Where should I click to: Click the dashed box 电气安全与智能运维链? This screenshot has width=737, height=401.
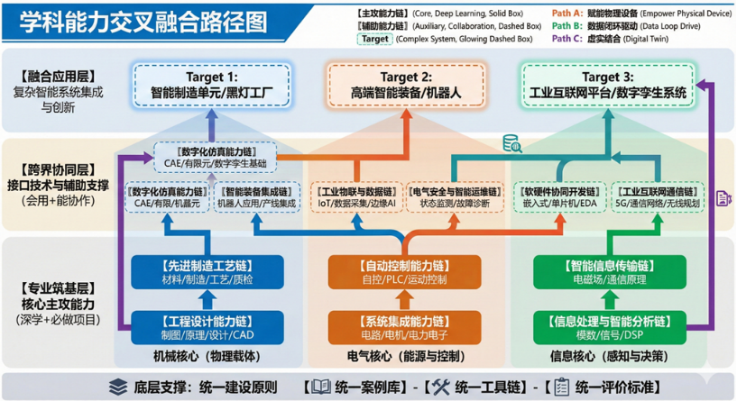point(454,197)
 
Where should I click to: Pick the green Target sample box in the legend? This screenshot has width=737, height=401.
point(373,39)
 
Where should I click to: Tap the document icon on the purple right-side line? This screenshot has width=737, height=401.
point(722,199)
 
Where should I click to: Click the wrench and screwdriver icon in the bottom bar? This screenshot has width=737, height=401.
point(438,386)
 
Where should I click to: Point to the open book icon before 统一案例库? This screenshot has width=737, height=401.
point(320,386)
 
